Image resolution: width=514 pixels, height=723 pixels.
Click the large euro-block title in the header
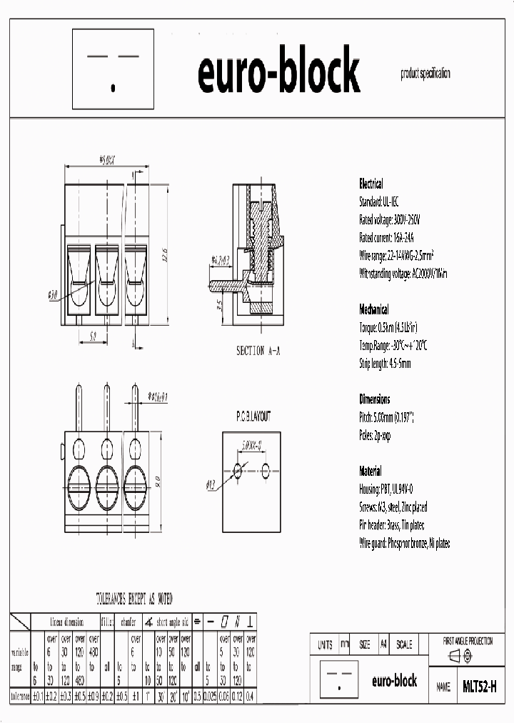click(x=278, y=72)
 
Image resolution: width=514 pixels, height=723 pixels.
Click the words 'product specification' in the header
click(x=425, y=74)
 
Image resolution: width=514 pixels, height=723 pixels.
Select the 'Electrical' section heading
click(x=371, y=184)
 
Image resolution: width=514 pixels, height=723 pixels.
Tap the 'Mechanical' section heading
click(x=373, y=309)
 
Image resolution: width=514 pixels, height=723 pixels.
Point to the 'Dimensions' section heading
click(x=374, y=399)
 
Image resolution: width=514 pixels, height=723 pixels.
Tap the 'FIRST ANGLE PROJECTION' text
click(x=468, y=641)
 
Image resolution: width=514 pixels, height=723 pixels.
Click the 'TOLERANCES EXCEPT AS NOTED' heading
click(x=134, y=599)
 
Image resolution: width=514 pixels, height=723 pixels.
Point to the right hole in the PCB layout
click(x=266, y=470)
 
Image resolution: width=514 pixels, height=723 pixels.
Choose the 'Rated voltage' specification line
click(x=390, y=219)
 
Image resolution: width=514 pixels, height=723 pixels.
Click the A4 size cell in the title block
click(x=383, y=644)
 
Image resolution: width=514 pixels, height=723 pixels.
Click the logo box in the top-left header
click(x=114, y=69)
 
